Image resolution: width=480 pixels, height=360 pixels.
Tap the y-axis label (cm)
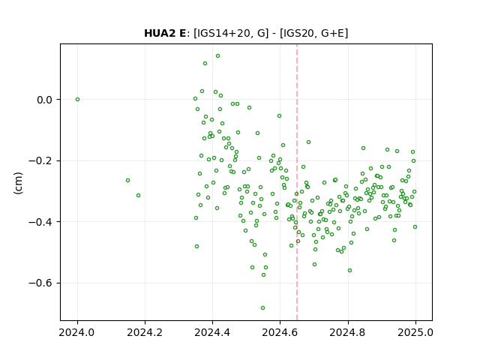point(18,183)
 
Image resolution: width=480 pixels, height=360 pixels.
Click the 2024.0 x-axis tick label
point(77,332)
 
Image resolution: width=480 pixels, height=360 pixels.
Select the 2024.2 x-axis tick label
point(145,332)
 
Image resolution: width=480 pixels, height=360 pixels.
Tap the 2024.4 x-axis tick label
point(212,332)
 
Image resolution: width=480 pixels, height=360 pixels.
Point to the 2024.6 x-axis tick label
point(280,332)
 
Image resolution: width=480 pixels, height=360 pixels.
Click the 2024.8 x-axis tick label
point(348,332)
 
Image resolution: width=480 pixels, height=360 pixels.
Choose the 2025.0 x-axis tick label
point(415,332)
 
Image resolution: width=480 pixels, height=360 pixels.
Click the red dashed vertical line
point(297,182)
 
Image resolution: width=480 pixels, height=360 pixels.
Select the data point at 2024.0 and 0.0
point(77,100)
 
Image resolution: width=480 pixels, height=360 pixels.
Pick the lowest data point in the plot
point(262,308)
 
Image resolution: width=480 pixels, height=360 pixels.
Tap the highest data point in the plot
point(217,56)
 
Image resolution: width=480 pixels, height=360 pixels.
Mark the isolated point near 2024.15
point(127,180)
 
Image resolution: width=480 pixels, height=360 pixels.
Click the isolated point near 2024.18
point(138,195)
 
